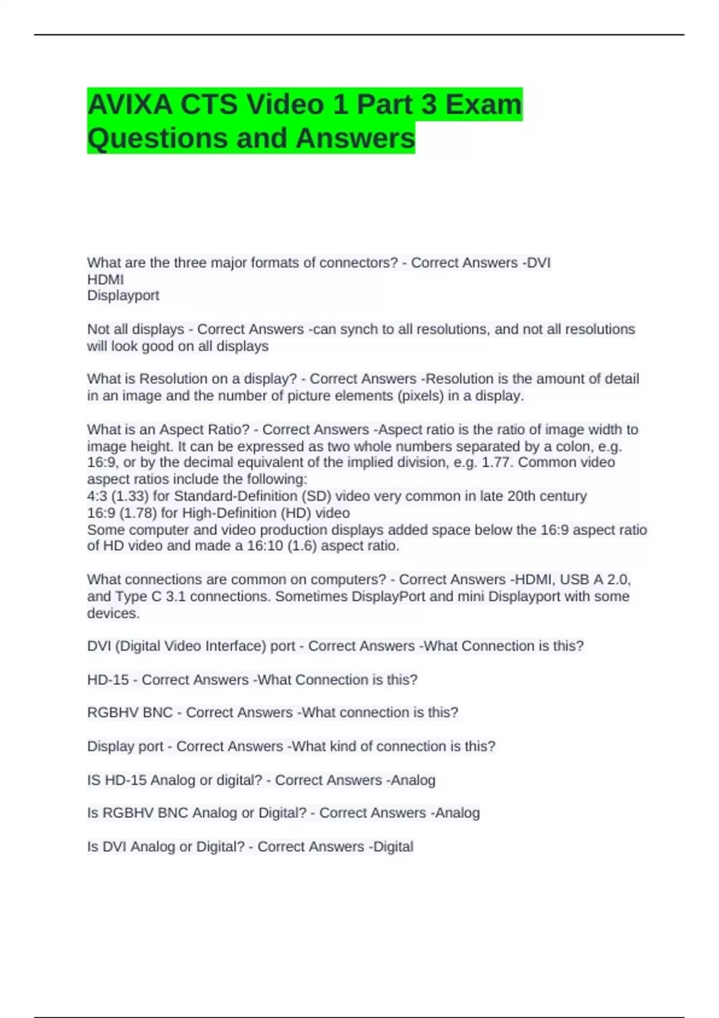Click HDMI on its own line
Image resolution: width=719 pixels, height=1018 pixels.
105,280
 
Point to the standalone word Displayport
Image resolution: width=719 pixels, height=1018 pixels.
123,296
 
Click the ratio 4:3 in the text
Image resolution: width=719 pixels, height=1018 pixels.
97,496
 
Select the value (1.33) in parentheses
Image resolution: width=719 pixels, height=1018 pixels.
130,496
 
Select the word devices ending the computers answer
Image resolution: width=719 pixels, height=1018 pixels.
113,613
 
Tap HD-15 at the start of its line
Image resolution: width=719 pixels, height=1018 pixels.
108,680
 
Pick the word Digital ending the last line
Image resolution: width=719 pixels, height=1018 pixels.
393,847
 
